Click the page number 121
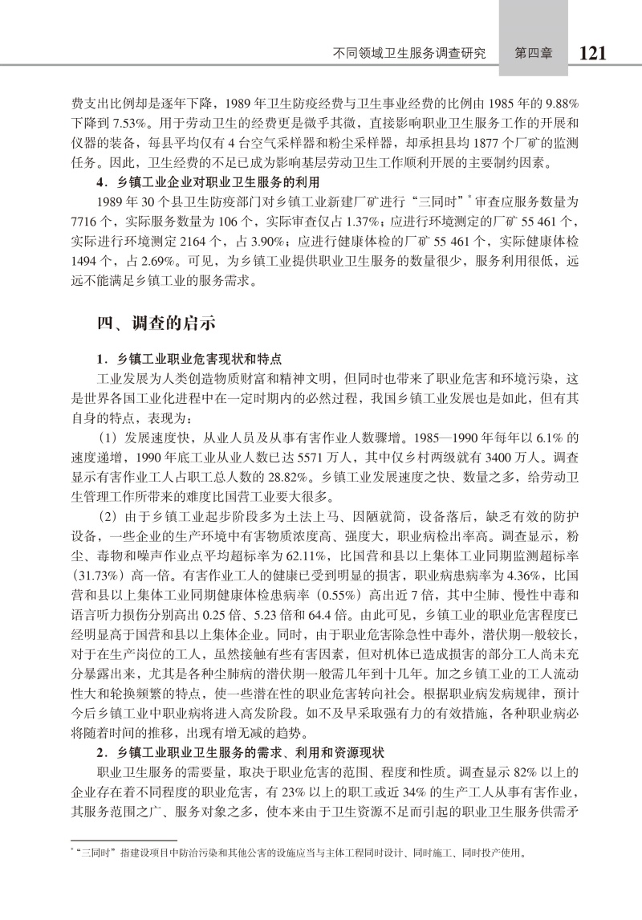pyautogui.click(x=591, y=53)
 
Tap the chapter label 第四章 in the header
pyautogui.click(x=530, y=54)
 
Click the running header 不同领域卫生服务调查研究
pyautogui.click(x=409, y=54)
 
